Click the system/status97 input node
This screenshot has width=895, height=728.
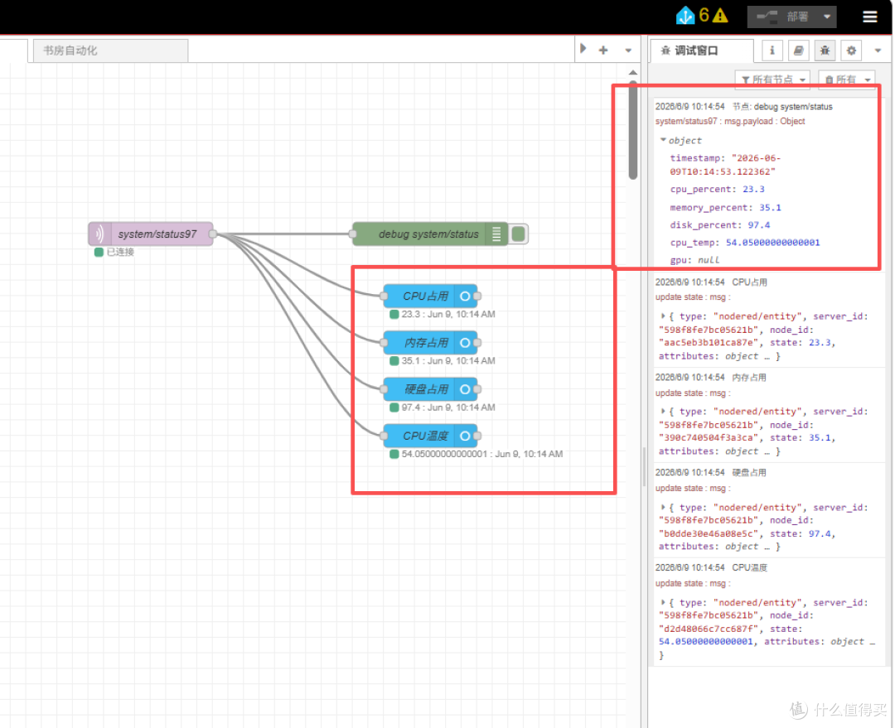[151, 234]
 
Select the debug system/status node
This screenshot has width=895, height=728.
[429, 234]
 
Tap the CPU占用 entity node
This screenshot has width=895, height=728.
[430, 297]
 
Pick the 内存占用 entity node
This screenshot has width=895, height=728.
[430, 343]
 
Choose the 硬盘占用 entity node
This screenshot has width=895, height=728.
[430, 389]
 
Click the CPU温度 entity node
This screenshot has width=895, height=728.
[430, 436]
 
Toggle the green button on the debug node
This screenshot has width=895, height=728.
[518, 234]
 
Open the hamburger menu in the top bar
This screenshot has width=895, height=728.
[869, 17]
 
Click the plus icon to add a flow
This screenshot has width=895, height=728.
[603, 51]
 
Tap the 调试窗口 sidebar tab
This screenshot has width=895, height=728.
[703, 51]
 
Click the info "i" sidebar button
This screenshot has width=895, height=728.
[772, 51]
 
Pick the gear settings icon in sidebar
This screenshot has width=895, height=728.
[851, 51]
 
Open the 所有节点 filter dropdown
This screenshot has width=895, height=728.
[773, 80]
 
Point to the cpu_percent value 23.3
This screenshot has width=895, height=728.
[753, 190]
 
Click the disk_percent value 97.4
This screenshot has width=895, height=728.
[758, 225]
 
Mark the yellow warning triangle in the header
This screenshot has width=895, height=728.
[720, 16]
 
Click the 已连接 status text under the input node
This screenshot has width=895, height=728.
[120, 252]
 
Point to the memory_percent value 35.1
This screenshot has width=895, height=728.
[770, 208]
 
